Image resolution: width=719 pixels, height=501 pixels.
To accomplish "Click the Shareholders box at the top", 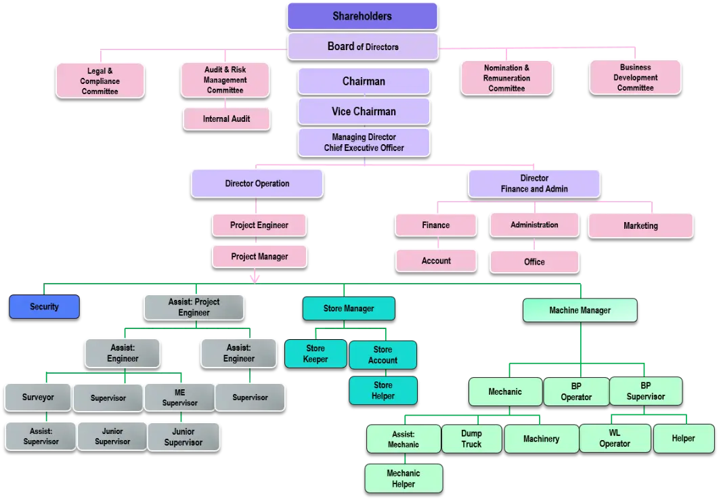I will [x=362, y=16].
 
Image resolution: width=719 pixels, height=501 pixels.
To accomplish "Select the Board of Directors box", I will [x=362, y=47].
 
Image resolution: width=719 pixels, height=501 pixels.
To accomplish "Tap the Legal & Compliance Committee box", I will [x=100, y=81].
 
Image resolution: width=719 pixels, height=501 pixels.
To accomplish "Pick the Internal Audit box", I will [x=226, y=119].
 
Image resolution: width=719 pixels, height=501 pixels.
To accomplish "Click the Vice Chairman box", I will [x=364, y=112].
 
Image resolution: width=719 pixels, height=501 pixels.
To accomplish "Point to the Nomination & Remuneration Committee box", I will [x=506, y=78].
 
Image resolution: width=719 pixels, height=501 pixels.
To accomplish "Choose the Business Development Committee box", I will [x=635, y=77].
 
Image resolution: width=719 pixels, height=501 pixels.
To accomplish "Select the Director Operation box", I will [x=257, y=183].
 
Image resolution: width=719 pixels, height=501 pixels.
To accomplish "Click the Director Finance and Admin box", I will [x=534, y=183].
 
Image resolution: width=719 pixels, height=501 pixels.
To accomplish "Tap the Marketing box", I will [x=640, y=225].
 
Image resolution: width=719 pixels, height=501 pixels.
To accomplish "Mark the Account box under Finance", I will [x=436, y=261].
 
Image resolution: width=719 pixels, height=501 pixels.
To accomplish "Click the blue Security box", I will [x=44, y=307].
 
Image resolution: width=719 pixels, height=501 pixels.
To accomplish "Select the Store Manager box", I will [x=348, y=309].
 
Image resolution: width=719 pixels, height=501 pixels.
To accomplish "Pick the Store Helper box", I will [x=383, y=391].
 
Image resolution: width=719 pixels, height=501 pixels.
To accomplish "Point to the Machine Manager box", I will [x=580, y=310].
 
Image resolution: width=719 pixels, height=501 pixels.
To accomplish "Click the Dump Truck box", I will [x=471, y=439].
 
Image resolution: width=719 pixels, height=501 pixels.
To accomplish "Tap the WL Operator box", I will [x=614, y=439].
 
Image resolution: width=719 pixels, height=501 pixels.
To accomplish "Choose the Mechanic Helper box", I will [x=403, y=479].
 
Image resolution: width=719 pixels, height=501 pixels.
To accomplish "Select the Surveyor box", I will [x=38, y=397].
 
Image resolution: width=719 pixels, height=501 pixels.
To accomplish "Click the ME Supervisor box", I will [x=179, y=397].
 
